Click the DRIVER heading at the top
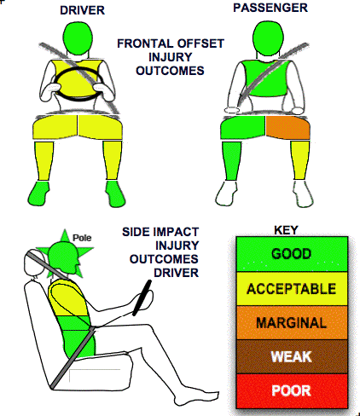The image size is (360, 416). point(82,10)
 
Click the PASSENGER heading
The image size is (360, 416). point(270,8)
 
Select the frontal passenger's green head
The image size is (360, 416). point(267,38)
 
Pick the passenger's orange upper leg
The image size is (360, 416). point(287,128)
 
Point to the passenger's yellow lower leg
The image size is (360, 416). point(299,160)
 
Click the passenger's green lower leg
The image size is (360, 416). point(231,161)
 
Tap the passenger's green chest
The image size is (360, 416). point(266,78)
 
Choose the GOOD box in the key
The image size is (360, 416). point(292,254)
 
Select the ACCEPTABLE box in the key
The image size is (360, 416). point(292,289)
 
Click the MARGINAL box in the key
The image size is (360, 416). point(292,323)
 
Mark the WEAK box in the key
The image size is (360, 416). point(292,356)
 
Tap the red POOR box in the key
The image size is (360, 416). point(292,391)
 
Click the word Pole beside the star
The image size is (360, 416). point(82,238)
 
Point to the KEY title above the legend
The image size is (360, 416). point(286,230)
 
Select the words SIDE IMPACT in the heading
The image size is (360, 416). point(160,232)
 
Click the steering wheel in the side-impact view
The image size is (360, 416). point(142,298)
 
